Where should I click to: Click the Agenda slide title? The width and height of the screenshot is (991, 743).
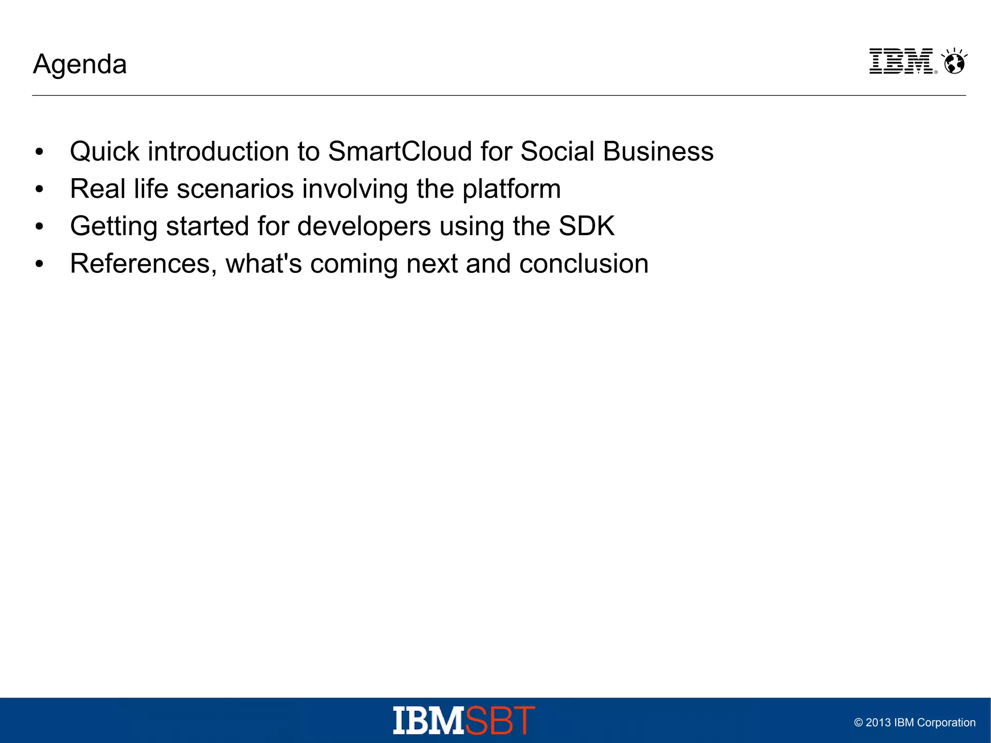[80, 64]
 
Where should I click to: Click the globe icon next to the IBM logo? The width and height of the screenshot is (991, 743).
[954, 62]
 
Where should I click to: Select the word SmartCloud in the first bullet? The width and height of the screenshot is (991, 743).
[400, 152]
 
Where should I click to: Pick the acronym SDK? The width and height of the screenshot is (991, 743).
[586, 226]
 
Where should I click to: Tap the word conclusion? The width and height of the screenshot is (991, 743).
[584, 264]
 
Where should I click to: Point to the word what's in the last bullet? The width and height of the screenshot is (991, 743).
[264, 264]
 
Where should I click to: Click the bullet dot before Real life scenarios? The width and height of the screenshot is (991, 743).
[39, 189]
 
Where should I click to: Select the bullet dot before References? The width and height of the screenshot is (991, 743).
[39, 264]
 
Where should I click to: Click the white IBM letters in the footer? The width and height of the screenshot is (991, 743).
[429, 721]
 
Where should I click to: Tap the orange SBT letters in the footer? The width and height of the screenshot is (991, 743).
[500, 721]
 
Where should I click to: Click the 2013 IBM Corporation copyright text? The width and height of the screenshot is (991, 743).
[915, 723]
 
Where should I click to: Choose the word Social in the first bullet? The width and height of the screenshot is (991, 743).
[557, 152]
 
